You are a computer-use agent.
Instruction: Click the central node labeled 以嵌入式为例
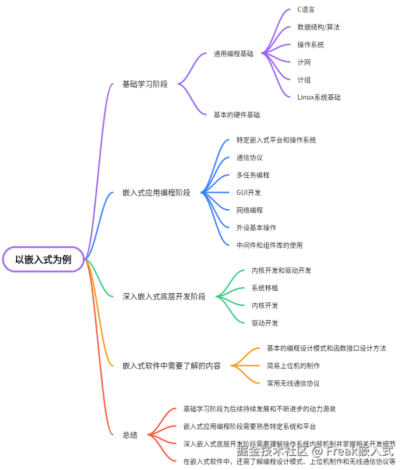tap(43, 259)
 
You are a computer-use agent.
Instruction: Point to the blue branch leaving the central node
tap(101, 216)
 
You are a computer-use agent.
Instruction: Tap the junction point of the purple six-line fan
tap(264, 53)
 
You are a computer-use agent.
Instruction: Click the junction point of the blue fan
tap(203, 193)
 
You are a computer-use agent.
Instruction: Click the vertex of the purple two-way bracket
tap(179, 84)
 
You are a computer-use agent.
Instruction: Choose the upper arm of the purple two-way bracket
tap(193, 64)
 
